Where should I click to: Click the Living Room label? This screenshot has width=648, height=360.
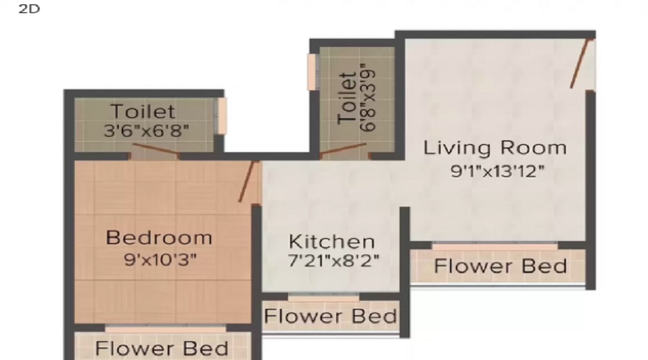click(x=495, y=148)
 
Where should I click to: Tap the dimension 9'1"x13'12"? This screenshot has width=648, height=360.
click(x=495, y=171)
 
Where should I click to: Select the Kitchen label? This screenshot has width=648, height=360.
click(x=331, y=241)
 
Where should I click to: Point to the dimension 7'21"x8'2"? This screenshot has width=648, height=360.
click(x=331, y=260)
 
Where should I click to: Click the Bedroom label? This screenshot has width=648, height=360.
click(x=159, y=237)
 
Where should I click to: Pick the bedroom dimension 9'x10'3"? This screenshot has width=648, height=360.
click(x=159, y=258)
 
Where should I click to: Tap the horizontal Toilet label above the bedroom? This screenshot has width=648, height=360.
click(x=142, y=112)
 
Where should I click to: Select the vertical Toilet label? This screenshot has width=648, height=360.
click(x=346, y=97)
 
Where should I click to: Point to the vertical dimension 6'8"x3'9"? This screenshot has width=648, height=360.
click(x=368, y=97)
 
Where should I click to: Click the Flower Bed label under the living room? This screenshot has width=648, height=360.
click(x=500, y=266)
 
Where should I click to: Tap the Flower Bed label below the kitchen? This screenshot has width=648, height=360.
click(x=330, y=316)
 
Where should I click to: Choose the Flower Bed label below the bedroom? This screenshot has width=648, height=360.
click(x=162, y=348)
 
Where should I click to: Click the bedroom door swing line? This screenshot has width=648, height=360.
click(x=248, y=181)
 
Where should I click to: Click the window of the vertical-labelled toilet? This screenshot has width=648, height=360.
click(x=312, y=72)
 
